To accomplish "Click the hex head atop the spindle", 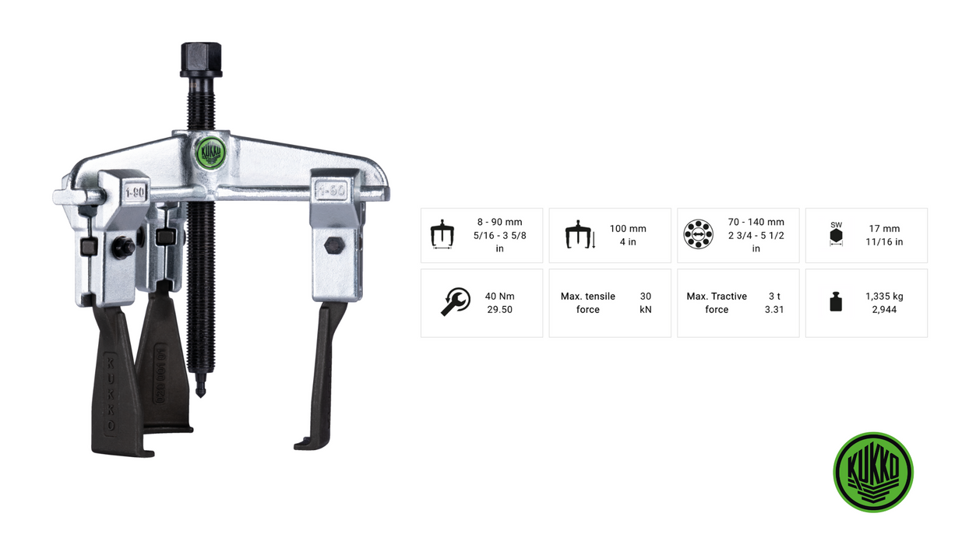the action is pos(201,59).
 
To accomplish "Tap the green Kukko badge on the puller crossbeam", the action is pos(211,153).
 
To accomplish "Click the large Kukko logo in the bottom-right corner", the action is pos(873,472).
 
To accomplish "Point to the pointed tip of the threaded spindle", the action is pos(201,395).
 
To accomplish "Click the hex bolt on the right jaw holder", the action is pos(334,245).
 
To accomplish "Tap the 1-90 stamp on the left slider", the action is pos(135,192).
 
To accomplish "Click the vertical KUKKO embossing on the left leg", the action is pos(111,394).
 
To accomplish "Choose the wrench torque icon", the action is pos(456,302).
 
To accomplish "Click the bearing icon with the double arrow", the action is pos(698,234).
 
